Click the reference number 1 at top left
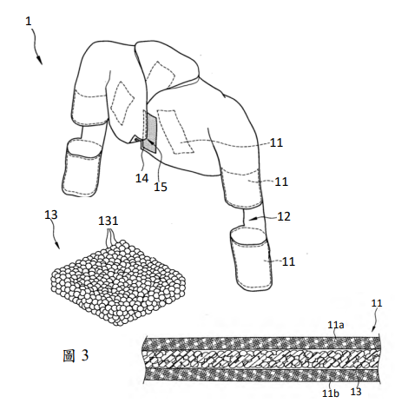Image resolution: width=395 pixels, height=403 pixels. tap(28, 22)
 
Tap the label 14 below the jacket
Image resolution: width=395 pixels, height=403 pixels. tap(142, 178)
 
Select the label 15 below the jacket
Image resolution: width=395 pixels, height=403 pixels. tap(161, 187)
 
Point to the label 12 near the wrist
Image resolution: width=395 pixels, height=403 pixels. tap(284, 216)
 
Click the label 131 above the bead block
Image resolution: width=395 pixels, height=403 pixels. tap(109, 221)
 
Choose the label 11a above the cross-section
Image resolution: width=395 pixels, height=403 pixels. tap(336, 325)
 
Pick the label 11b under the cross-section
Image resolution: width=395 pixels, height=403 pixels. tap(331, 393)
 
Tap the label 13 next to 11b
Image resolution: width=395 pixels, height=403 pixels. tap(356, 392)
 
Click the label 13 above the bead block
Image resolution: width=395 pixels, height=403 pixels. tap(51, 215)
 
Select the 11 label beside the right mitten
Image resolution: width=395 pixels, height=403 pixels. tap(288, 261)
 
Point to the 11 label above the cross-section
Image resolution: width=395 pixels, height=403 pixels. tap(377, 303)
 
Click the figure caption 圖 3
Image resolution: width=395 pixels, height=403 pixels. tap(76, 355)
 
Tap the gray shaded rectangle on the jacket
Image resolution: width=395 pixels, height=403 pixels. tap(152, 133)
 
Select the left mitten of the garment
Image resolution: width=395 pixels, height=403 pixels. tap(82, 168)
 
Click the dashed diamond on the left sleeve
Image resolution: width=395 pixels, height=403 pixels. tap(122, 103)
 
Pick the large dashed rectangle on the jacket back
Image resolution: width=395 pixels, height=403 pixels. tap(175, 132)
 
